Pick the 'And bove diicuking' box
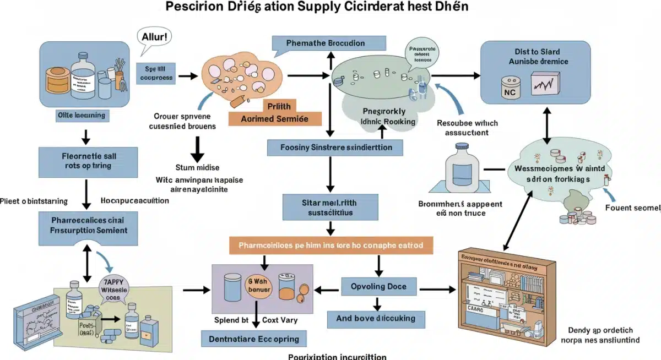pyautogui.click(x=376, y=318)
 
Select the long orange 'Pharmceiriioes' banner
pyautogui.click(x=331, y=245)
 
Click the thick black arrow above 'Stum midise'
pyautogui.click(x=196, y=148)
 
